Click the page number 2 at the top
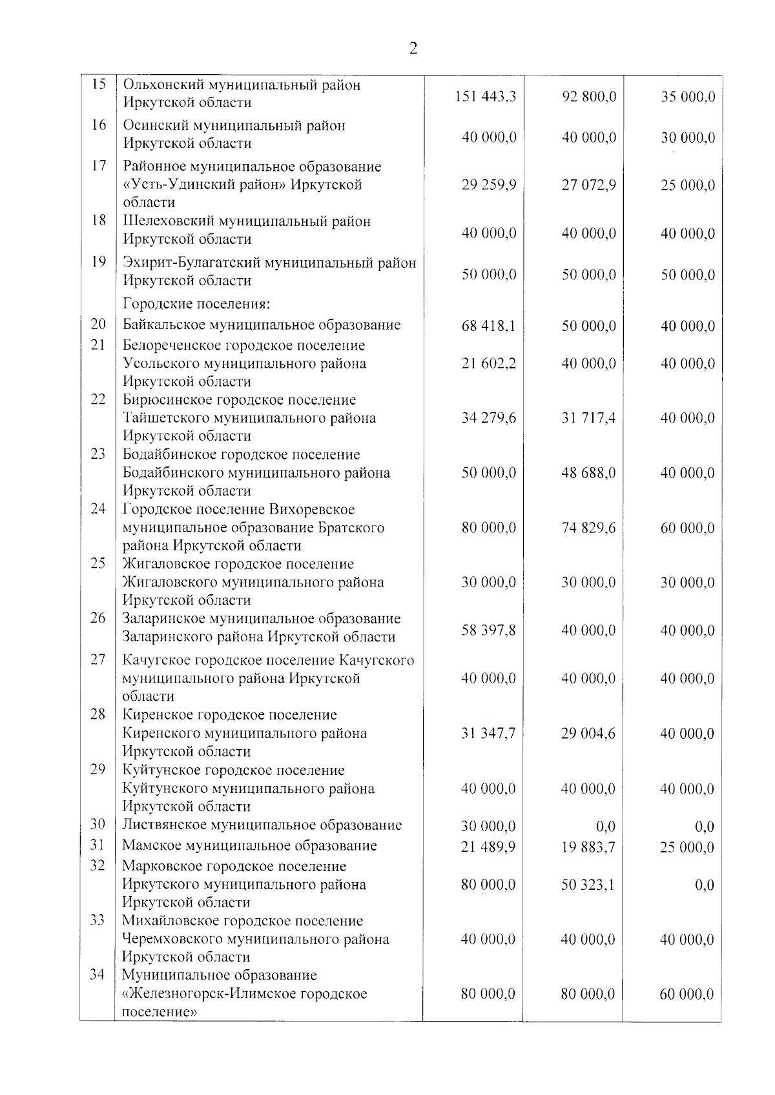[413, 49]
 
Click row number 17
[98, 166]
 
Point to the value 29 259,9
[489, 185]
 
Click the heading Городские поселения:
[196, 303]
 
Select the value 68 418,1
[489, 326]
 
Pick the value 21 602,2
[489, 364]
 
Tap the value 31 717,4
[588, 418]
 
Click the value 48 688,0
[588, 473]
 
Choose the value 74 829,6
[588, 528]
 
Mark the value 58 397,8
[489, 630]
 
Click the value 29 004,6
[588, 733]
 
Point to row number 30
[98, 824]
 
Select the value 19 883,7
[588, 847]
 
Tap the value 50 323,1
[588, 885]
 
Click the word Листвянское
[164, 825]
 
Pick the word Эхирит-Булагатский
[192, 263]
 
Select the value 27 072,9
[588, 185]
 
